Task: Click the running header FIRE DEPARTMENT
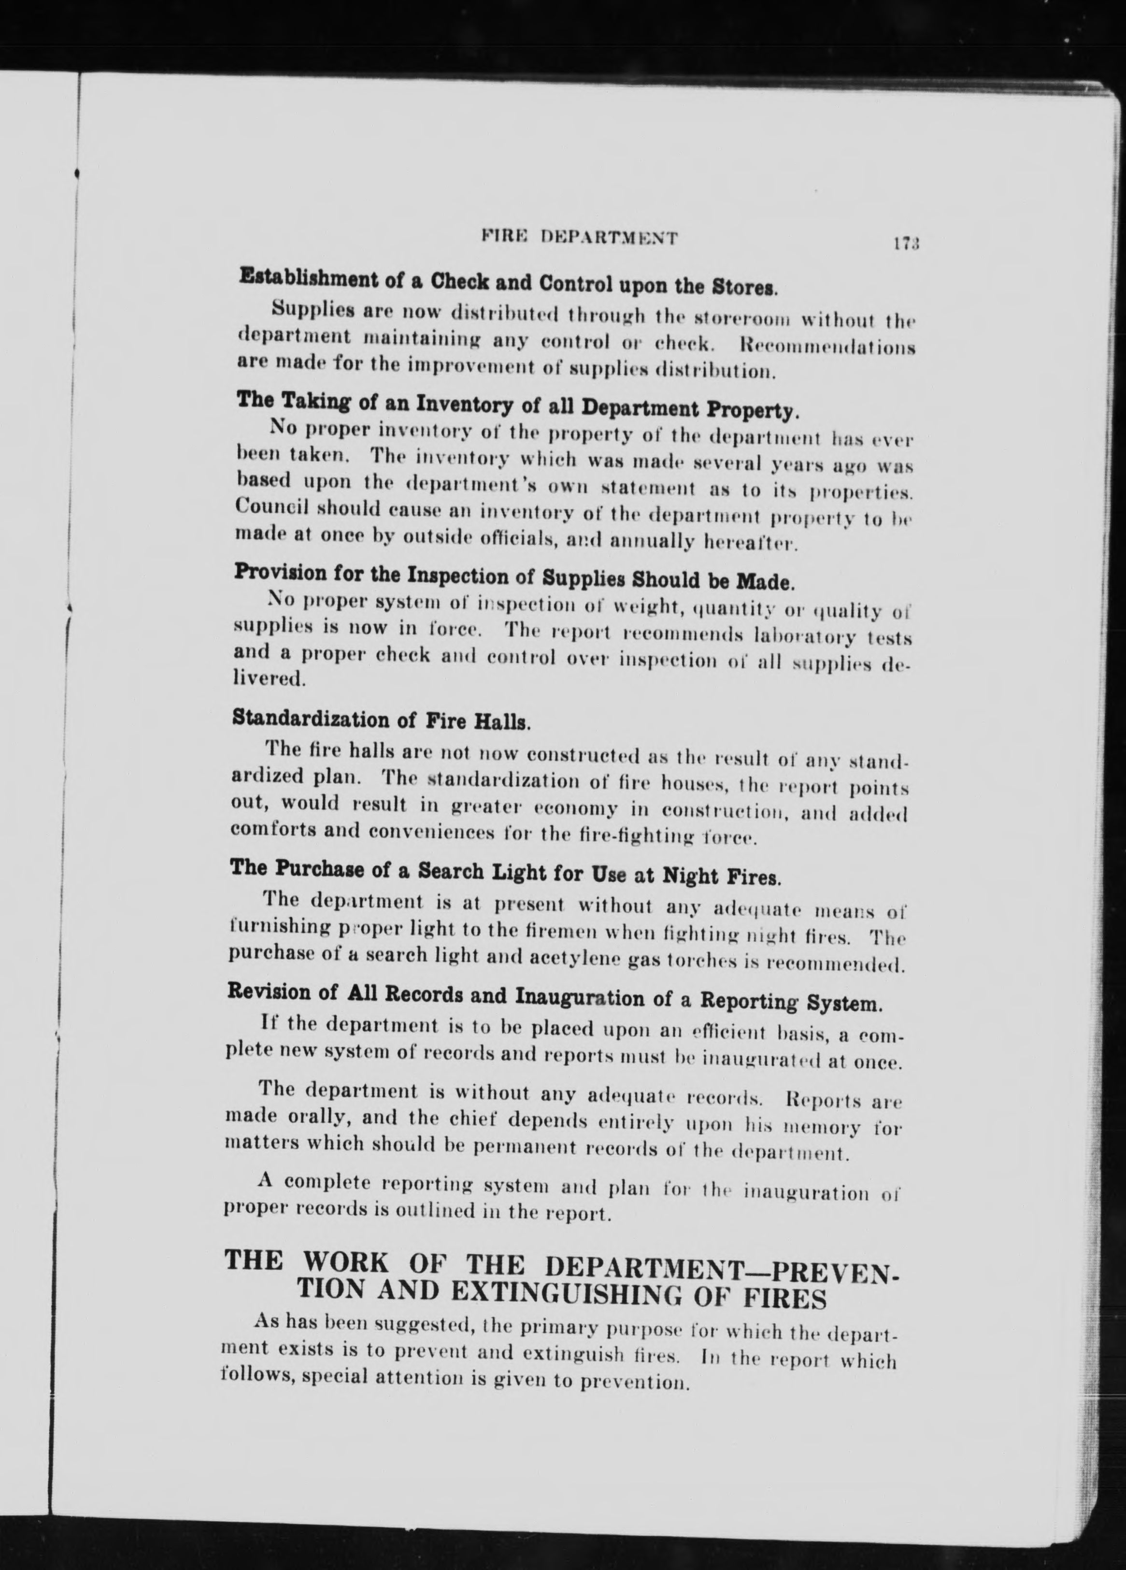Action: tap(579, 238)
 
